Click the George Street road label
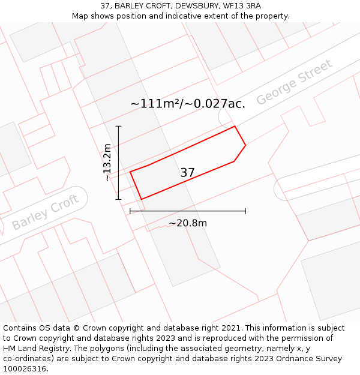coord(294,82)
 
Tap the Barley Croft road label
coord(46,212)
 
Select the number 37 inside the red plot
coord(187,173)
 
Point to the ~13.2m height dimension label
coord(107,162)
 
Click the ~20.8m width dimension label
coord(188,223)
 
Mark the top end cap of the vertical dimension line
coord(118,127)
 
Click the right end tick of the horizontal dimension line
coord(245,211)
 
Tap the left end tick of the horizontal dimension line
coord(130,211)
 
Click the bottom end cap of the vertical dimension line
coord(118,199)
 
